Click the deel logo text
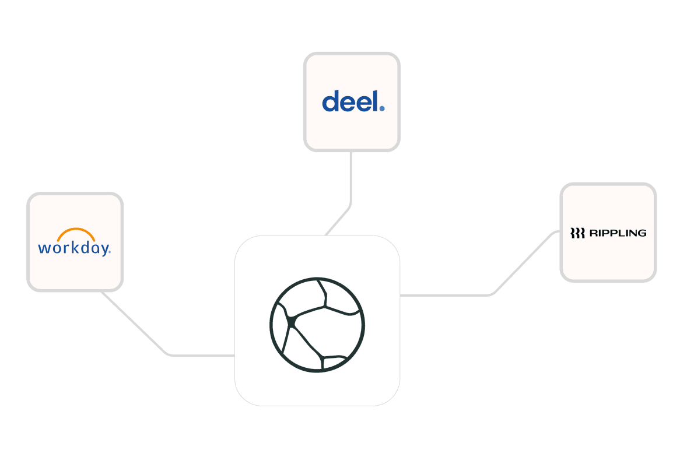click(349, 101)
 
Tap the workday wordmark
click(73, 248)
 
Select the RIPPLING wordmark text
click(617, 233)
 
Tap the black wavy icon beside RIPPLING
click(577, 233)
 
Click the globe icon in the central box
click(317, 324)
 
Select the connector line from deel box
click(350, 181)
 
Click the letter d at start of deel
click(330, 101)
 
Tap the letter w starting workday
click(44, 248)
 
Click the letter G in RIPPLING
click(642, 233)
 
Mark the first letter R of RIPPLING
click(593, 233)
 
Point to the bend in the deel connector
click(350, 205)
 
